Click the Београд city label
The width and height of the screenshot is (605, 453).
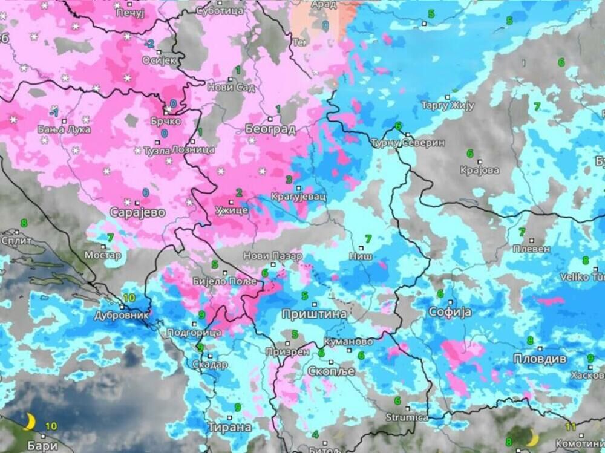[x=270, y=129]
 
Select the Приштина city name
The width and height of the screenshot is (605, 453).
[x=314, y=314]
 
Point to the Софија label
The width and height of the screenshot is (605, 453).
[x=449, y=312]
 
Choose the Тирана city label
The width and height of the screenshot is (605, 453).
[x=229, y=427]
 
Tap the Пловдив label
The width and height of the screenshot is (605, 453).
[x=540, y=359]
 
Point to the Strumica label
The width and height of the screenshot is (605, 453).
[x=407, y=418]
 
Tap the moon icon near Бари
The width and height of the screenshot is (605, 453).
[x=29, y=421]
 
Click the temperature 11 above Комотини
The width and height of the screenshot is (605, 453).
[x=571, y=426]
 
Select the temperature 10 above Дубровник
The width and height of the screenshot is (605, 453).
[x=129, y=298]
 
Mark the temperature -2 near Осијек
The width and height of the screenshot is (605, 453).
[x=149, y=44]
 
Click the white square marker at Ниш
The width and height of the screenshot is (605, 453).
[x=361, y=247]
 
